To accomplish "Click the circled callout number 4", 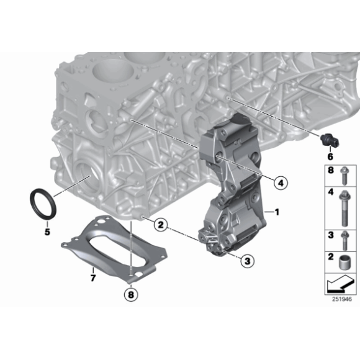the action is click(x=281, y=183).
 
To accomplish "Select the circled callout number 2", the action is click(x=161, y=224).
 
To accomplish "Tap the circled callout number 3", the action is click(x=247, y=261).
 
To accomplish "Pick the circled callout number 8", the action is click(x=131, y=295).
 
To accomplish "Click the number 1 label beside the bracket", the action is click(x=277, y=212).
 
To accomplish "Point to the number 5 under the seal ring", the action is click(x=47, y=232).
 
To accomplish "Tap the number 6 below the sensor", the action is click(x=330, y=156).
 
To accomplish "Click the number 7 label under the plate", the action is click(x=93, y=278).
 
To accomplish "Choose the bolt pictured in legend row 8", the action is click(x=344, y=175).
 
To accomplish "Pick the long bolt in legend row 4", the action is click(x=344, y=208).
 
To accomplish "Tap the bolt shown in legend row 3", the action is click(x=344, y=240).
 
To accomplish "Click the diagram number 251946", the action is click(x=342, y=299).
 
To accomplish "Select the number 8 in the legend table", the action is click(x=331, y=170).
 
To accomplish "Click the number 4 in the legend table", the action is click(x=331, y=192).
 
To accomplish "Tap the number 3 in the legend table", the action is click(x=331, y=235).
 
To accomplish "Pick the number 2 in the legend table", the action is click(x=331, y=256).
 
